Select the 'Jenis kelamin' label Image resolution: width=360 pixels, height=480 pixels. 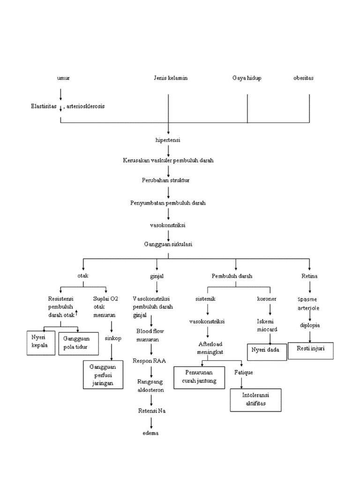[170, 78]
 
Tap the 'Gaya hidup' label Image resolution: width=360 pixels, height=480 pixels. [247, 78]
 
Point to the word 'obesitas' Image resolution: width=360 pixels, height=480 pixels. [303, 78]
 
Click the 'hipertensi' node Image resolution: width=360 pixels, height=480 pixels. [168, 140]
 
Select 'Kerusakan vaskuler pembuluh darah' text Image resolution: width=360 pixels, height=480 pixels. [168, 160]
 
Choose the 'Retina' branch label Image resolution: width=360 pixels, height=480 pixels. [309, 276]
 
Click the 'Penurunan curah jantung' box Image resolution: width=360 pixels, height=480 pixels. [199, 378]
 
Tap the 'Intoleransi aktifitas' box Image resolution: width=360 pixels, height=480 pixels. [255, 400]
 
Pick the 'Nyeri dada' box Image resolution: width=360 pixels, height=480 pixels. [266, 352]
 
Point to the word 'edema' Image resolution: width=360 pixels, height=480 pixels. [151, 433]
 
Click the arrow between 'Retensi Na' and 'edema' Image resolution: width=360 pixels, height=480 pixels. [151, 422]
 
